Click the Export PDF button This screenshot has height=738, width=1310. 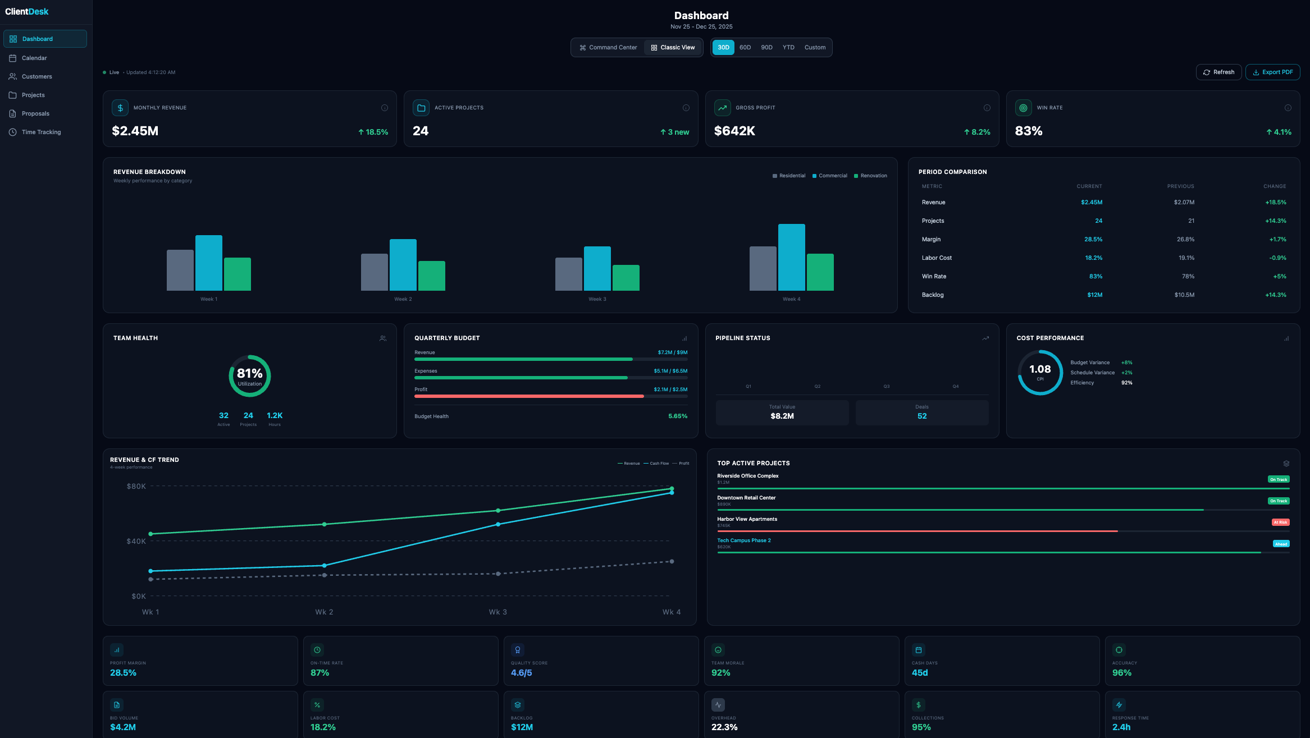(x=1272, y=72)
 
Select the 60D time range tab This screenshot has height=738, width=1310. (x=745, y=48)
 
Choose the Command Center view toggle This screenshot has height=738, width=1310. (x=608, y=48)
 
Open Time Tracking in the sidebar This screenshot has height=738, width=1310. (x=41, y=132)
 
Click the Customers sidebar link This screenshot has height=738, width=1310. (x=36, y=76)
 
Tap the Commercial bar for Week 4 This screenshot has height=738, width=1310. (x=791, y=257)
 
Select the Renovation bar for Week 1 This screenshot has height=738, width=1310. (x=237, y=274)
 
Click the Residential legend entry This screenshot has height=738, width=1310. (x=789, y=176)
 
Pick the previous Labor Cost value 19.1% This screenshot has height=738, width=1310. (x=1186, y=258)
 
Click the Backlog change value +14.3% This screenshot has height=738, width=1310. (x=1275, y=295)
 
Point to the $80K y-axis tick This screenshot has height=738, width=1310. (x=136, y=486)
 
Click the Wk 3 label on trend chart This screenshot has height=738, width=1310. (x=497, y=612)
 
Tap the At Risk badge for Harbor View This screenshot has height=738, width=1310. (x=1280, y=522)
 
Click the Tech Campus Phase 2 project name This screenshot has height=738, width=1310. (x=743, y=540)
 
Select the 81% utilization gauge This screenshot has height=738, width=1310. (x=249, y=375)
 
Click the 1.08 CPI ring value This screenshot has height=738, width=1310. (x=1039, y=369)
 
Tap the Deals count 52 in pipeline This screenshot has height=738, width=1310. (x=921, y=416)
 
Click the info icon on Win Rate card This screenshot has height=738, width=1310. (x=1288, y=108)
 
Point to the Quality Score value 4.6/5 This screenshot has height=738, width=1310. (x=521, y=672)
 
